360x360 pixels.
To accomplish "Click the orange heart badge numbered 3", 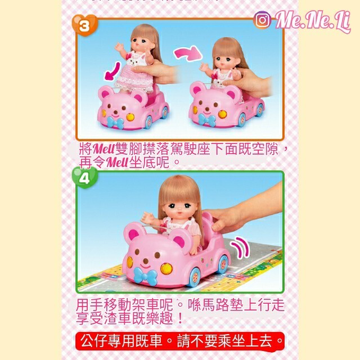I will (x=84, y=25).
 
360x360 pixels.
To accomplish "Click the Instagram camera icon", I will (x=262, y=21).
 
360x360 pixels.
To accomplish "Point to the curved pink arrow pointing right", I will (x=187, y=55).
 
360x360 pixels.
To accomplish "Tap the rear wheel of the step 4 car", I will (x=223, y=262).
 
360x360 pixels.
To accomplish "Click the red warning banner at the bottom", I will (x=180, y=340).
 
